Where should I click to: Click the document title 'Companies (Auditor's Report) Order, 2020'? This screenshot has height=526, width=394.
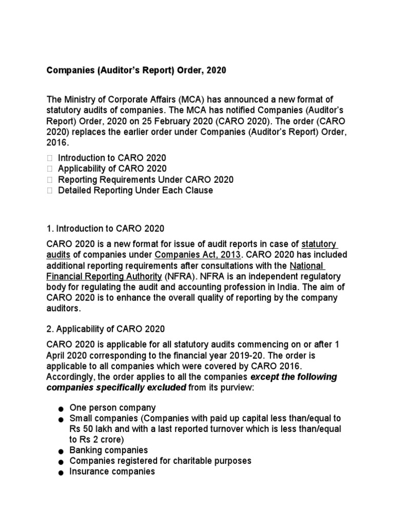pos(136,70)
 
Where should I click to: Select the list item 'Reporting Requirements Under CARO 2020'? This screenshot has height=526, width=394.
pos(146,179)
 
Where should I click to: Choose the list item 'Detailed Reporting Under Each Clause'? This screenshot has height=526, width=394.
pos(135,191)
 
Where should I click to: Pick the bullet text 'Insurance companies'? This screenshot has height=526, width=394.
pos(112,471)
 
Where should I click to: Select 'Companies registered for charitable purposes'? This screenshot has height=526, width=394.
pos(161,461)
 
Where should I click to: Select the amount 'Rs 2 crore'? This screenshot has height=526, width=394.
pos(96,439)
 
